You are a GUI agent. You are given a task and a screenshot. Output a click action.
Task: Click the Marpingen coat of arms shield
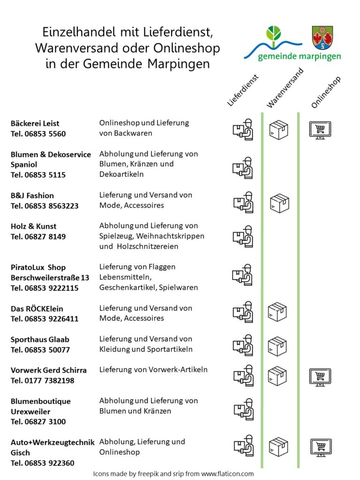tap(322, 38)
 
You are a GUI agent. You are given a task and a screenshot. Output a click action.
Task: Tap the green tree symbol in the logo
tap(273, 34)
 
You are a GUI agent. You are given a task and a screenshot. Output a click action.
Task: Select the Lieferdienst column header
tap(243, 90)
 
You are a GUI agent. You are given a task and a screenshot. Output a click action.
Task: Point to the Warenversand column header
tap(285, 88)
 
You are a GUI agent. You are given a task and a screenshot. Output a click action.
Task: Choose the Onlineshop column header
tap(326, 92)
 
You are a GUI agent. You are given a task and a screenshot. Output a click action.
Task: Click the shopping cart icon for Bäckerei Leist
tap(320, 130)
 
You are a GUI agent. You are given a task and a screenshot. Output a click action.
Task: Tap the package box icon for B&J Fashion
tap(279, 203)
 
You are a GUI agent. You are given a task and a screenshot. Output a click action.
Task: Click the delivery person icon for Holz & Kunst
tap(243, 236)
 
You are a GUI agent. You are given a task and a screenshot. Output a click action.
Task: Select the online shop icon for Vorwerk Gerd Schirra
tap(320, 377)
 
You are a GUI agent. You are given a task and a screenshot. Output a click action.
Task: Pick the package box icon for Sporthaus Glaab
tap(277, 346)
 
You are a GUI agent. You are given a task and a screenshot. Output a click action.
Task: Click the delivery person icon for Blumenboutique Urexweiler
tap(244, 409)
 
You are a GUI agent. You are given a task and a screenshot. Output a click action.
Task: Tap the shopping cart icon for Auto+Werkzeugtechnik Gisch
tap(321, 448)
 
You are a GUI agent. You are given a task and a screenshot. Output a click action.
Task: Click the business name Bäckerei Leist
tap(35, 123)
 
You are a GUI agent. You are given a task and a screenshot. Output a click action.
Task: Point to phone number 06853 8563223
tap(52, 206)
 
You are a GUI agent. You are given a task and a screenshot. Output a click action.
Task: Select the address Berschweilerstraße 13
tap(50, 277)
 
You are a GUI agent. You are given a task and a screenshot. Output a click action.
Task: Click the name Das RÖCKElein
tap(37, 309)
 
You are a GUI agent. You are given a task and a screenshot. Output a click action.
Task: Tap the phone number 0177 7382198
tap(49, 381)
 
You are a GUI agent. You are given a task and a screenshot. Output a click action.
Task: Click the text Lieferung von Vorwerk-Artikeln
tap(153, 370)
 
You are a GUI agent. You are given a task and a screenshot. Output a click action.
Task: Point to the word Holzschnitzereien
tap(148, 247)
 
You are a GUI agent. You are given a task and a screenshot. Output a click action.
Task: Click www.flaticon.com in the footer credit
tap(227, 474)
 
